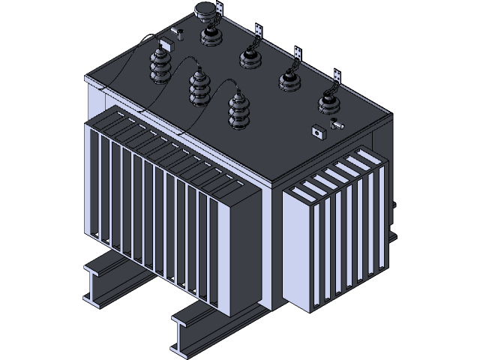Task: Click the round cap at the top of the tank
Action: pyautogui.click(x=204, y=10)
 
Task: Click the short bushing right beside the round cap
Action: pyautogui.click(x=209, y=34)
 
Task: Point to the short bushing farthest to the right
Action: pyautogui.click(x=328, y=101)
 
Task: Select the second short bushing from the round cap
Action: pyautogui.click(x=248, y=55)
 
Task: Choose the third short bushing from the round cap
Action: pyautogui.click(x=288, y=78)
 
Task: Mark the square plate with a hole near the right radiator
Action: pyautogui.click(x=317, y=133)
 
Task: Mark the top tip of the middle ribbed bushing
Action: pyautogui.click(x=200, y=69)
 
